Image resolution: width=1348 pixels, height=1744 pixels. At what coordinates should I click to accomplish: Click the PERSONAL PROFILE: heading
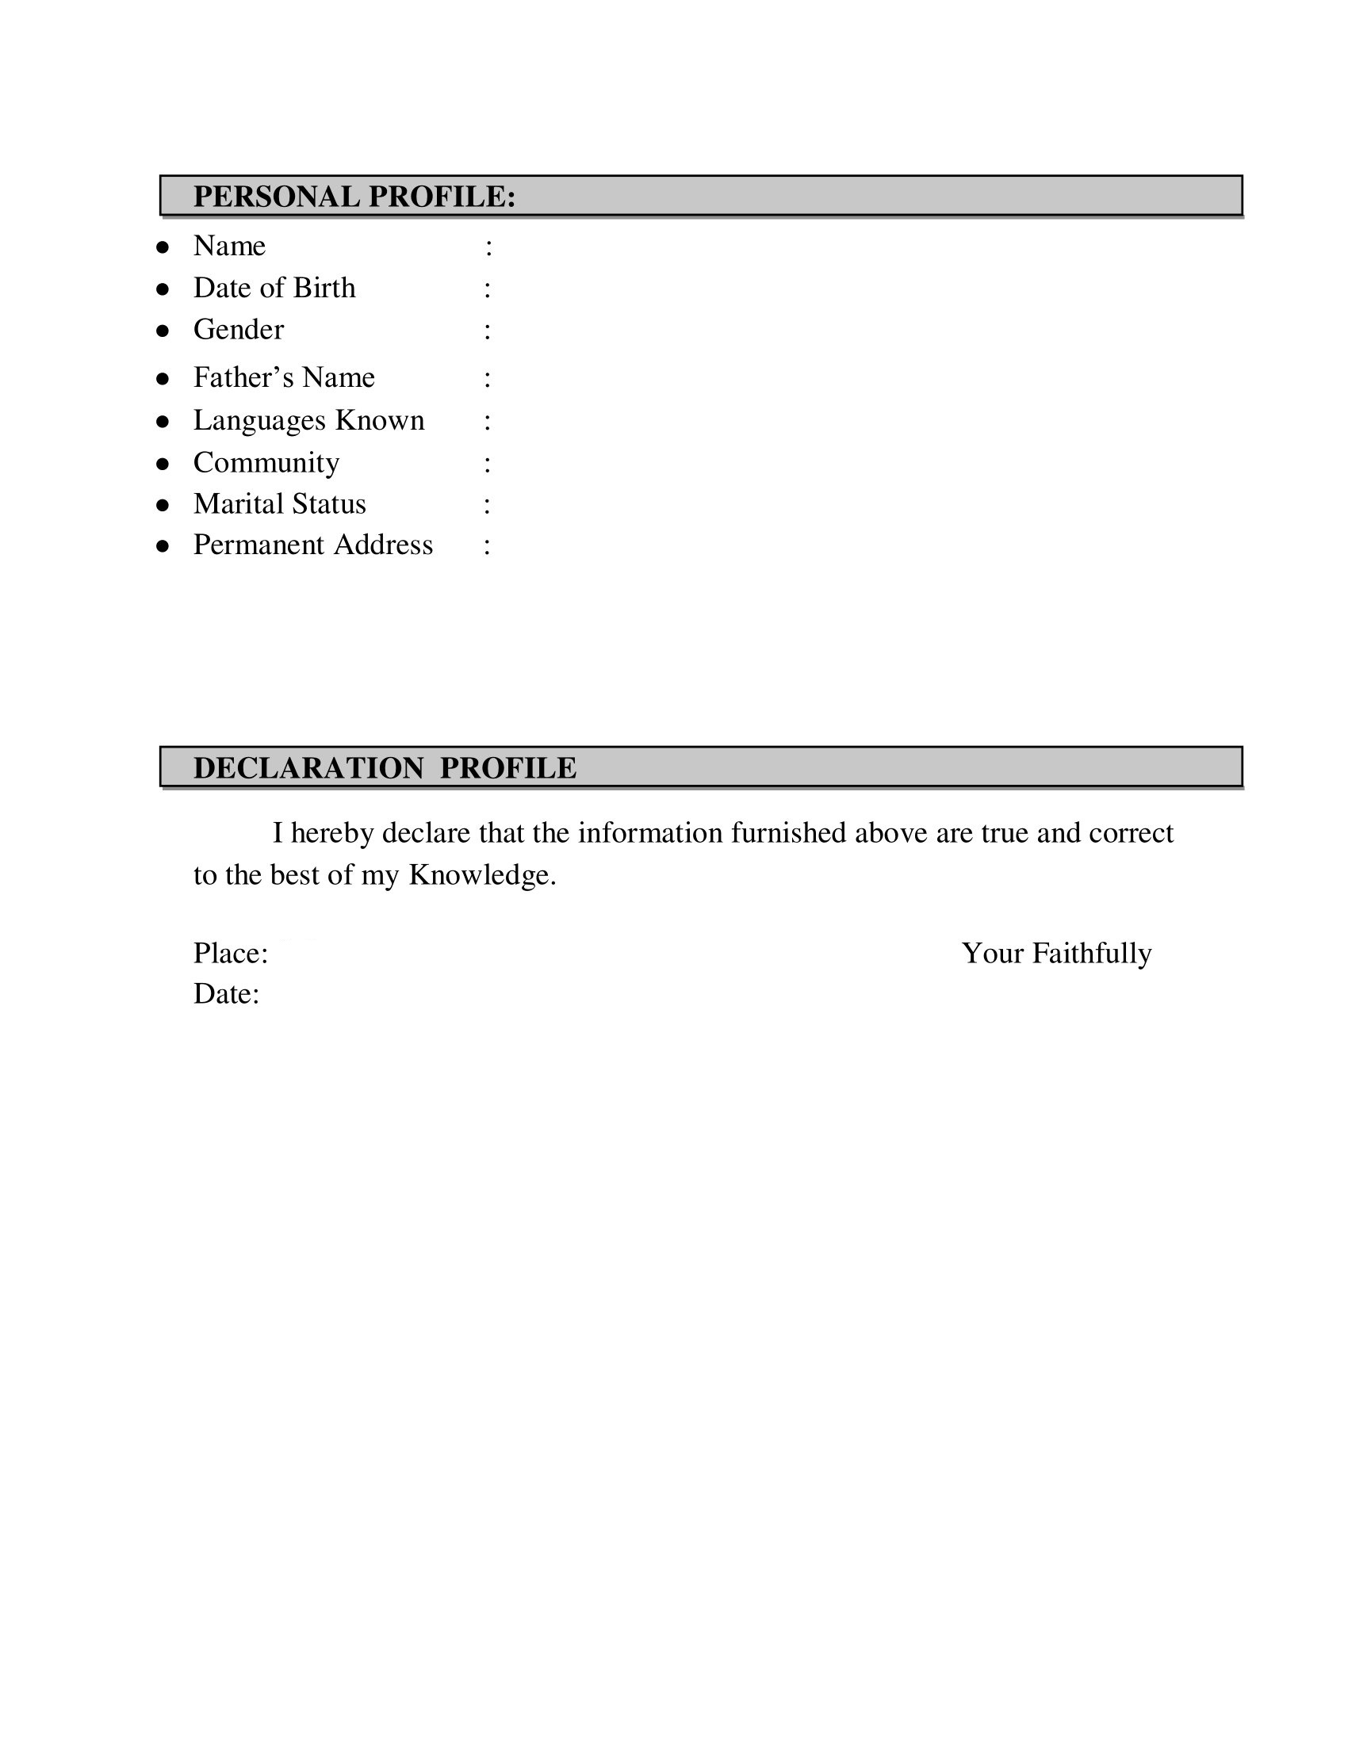tap(354, 197)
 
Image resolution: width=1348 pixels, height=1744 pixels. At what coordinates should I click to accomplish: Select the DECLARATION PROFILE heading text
tap(384, 768)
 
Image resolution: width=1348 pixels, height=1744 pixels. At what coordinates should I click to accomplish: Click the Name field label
tap(229, 246)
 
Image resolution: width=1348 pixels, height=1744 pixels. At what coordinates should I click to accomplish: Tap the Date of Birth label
tap(274, 289)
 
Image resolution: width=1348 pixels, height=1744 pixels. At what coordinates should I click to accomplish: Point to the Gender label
tap(238, 330)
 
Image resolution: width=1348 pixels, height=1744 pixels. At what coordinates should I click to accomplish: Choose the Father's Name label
tap(284, 377)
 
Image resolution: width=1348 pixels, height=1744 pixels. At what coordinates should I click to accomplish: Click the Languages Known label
tap(308, 421)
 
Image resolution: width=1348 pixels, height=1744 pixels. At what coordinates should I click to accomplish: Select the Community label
tap(266, 463)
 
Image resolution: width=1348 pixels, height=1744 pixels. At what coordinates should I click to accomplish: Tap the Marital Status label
tap(279, 505)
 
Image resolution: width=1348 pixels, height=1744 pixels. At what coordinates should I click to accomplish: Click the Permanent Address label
tap(313, 545)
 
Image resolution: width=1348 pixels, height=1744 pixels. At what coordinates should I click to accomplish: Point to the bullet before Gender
tap(163, 331)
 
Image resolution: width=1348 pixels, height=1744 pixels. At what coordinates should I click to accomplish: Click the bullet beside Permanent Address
tap(163, 546)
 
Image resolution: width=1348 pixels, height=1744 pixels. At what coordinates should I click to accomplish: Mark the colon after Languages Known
tap(487, 422)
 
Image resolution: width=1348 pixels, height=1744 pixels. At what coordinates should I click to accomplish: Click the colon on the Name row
tap(488, 247)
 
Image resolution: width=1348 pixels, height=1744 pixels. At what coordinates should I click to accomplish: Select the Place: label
tap(230, 954)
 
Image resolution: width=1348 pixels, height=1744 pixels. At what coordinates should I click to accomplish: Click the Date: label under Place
tap(226, 995)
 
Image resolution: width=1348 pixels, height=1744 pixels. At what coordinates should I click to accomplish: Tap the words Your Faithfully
tap(1055, 954)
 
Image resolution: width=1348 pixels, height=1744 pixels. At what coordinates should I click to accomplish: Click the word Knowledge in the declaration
tap(481, 876)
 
